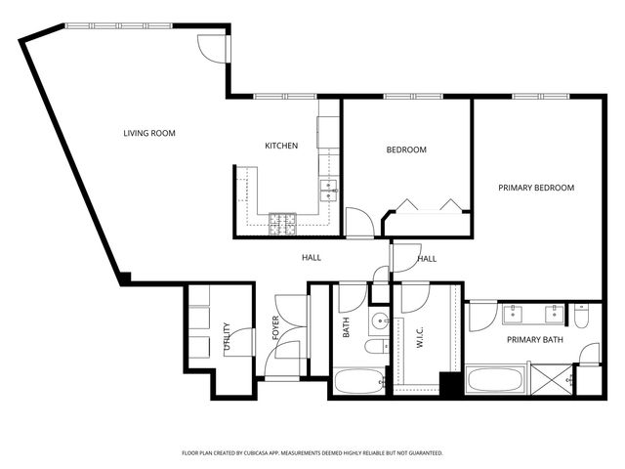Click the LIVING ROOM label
[148, 133]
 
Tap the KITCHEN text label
[281, 146]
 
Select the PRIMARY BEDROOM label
[536, 188]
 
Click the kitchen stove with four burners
[282, 223]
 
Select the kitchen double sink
[328, 188]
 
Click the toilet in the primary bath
[582, 315]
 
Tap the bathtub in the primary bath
[496, 380]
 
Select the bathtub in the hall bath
[358, 381]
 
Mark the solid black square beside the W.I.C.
[450, 384]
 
